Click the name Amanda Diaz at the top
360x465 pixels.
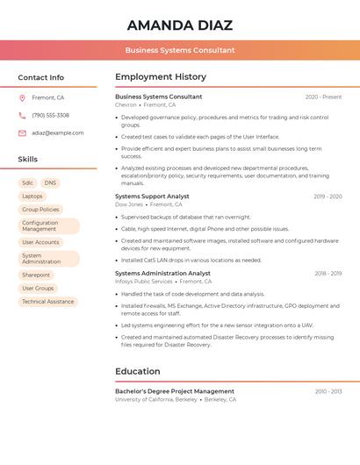click(179, 25)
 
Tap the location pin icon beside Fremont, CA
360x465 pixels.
click(22, 97)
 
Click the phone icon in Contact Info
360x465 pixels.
click(22, 115)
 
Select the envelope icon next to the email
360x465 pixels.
click(22, 133)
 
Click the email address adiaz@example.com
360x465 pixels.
click(58, 133)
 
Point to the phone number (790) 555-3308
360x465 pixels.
click(50, 115)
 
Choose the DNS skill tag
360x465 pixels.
click(50, 182)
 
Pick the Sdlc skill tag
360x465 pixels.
click(28, 182)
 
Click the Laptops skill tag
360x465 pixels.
click(32, 197)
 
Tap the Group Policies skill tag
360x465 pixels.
click(40, 210)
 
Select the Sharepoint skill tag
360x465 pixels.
click(36, 275)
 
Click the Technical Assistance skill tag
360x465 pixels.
click(48, 302)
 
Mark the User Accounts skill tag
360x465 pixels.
click(40, 242)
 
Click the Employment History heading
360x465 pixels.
click(161, 77)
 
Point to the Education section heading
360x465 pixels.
click(137, 371)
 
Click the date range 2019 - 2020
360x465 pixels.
click(328, 197)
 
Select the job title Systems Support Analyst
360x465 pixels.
click(152, 197)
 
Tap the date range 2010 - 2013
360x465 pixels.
click(328, 391)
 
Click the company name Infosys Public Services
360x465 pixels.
click(144, 282)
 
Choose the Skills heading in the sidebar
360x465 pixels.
click(28, 159)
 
